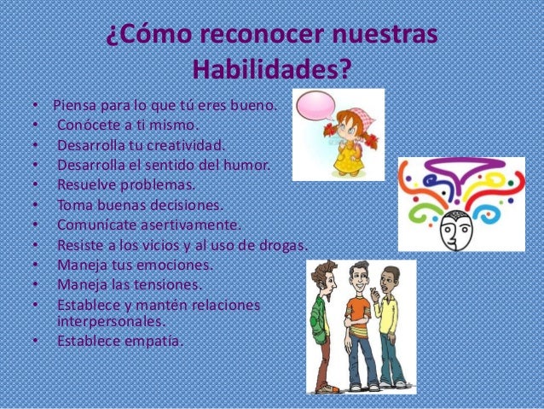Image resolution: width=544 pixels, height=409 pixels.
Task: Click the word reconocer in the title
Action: pos(263,36)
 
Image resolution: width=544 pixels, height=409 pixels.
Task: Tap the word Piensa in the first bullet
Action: pos(74,107)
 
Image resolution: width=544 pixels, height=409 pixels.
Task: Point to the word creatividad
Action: pos(188,144)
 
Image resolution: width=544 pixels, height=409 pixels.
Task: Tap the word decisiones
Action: pos(182,205)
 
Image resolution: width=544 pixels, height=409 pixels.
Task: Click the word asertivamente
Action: pos(191,225)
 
